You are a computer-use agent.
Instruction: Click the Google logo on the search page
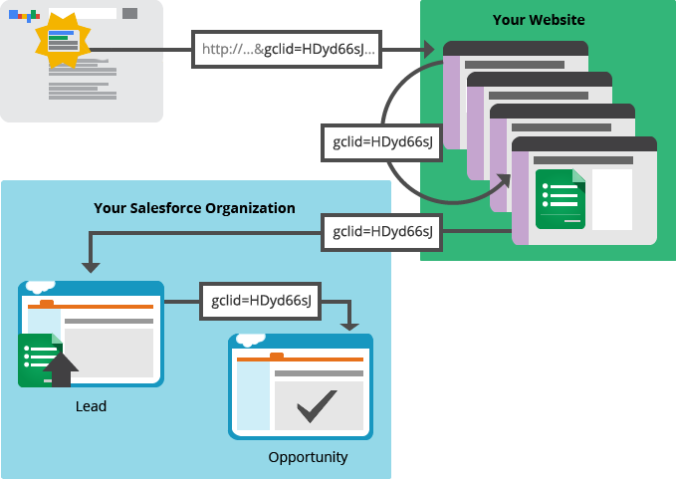[24, 15]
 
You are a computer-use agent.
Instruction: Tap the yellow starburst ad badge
[62, 42]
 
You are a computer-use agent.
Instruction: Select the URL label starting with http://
[287, 49]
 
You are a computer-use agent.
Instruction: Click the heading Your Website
[539, 20]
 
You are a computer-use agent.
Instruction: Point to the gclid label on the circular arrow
[382, 142]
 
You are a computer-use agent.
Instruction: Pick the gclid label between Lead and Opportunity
[260, 300]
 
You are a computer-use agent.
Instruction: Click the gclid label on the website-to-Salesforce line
[382, 232]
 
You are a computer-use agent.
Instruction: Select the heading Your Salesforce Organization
[194, 208]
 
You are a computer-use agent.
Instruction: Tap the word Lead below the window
[91, 406]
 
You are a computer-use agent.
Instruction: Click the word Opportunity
[308, 457]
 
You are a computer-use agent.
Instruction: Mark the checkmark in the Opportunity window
[317, 404]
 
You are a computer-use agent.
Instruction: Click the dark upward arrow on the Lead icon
[61, 367]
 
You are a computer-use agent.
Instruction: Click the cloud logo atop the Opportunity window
[250, 339]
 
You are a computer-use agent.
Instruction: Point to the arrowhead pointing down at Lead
[91, 266]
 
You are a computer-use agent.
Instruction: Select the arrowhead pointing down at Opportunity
[349, 324]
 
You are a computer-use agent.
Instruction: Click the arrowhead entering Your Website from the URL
[428, 49]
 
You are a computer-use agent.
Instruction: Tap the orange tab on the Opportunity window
[277, 356]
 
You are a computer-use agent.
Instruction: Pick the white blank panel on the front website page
[612, 198]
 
